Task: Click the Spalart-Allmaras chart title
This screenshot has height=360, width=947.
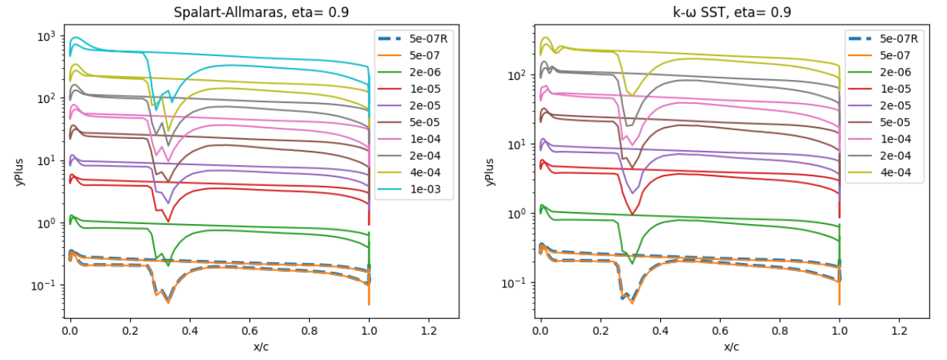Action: coord(261,13)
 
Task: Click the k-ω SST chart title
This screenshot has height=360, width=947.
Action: coord(732,13)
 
